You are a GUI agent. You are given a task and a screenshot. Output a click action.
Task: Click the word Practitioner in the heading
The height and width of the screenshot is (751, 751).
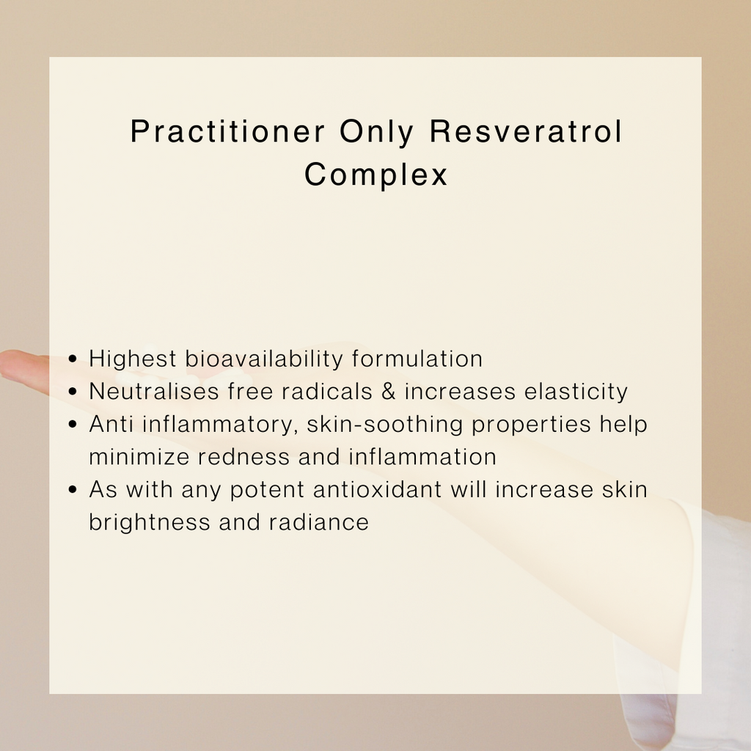(x=227, y=131)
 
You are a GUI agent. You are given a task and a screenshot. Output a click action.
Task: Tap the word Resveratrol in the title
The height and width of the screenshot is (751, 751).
(x=526, y=131)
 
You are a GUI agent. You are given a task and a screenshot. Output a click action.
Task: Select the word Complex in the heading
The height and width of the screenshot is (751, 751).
(x=376, y=174)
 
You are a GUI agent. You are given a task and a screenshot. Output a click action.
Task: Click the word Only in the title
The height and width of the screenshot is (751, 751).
(x=376, y=132)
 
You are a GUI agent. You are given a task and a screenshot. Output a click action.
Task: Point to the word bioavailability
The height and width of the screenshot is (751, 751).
(x=264, y=359)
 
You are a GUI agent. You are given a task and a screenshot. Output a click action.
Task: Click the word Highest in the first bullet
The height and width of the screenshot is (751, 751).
(x=133, y=359)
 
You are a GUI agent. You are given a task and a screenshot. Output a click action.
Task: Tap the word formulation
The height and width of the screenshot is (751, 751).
(x=417, y=359)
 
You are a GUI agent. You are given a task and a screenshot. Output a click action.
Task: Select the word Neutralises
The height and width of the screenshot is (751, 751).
(x=154, y=392)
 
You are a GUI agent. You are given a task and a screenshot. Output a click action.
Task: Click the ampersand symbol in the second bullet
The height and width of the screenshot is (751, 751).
(x=389, y=392)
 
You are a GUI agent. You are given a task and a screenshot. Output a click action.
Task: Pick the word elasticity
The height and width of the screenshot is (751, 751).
(x=576, y=392)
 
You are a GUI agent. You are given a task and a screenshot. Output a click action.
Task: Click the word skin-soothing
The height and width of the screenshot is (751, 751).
(x=384, y=425)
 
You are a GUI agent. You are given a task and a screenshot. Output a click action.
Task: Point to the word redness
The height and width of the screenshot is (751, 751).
(x=243, y=456)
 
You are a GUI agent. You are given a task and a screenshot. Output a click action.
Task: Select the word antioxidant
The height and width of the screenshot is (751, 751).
(x=378, y=489)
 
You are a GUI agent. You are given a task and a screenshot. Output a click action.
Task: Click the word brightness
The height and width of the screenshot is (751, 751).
(x=150, y=522)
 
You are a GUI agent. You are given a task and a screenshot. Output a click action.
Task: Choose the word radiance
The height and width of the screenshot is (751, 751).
(x=319, y=522)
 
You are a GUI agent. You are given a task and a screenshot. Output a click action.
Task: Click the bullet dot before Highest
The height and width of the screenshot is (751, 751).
(x=73, y=359)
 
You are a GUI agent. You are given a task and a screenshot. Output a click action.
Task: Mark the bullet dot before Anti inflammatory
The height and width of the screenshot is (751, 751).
(x=73, y=425)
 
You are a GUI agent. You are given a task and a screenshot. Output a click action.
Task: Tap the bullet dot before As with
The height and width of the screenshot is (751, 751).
(x=73, y=489)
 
